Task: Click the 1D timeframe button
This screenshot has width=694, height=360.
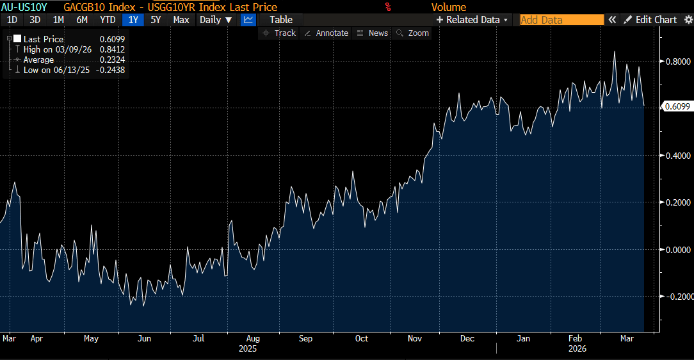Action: click(x=12, y=20)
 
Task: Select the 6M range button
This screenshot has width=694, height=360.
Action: click(x=82, y=20)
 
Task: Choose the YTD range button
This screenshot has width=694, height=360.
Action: click(x=108, y=20)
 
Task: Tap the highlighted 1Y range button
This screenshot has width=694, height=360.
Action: click(x=133, y=20)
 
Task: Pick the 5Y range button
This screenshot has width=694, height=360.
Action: click(x=156, y=20)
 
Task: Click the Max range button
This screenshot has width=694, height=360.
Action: click(x=181, y=20)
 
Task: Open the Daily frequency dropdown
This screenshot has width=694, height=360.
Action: click(x=216, y=20)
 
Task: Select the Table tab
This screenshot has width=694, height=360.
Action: click(x=281, y=20)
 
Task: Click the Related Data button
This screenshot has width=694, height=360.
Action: click(x=473, y=20)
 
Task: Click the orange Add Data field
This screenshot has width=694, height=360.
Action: click(x=561, y=20)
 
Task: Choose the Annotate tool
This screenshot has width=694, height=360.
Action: click(x=327, y=33)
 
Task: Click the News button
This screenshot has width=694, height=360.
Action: click(x=373, y=33)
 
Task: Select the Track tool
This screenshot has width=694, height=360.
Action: click(x=280, y=33)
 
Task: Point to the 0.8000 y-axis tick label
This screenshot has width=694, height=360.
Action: click(x=677, y=61)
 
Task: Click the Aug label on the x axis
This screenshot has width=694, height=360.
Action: click(x=253, y=338)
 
